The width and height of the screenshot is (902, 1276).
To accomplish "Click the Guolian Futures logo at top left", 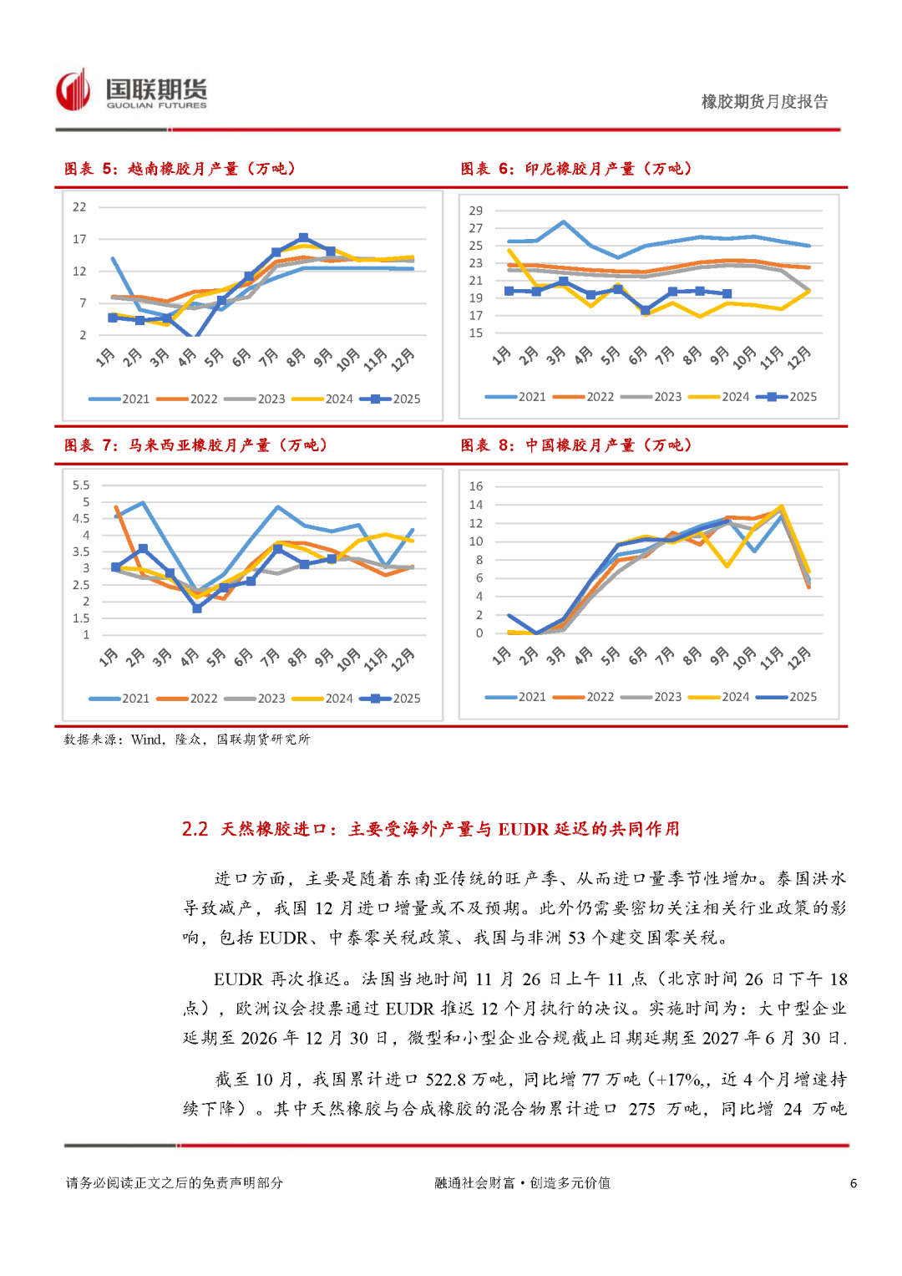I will tap(131, 90).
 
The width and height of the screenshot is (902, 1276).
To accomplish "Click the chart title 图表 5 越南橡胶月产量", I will tap(180, 169).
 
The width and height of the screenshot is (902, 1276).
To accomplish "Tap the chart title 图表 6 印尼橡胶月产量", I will tap(576, 169).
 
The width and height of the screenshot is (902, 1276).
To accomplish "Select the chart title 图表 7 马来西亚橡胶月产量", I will tap(195, 445).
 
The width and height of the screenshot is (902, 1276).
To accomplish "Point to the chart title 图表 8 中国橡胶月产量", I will tap(576, 445).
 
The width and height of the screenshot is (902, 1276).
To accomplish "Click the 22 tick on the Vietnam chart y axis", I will tap(79, 207).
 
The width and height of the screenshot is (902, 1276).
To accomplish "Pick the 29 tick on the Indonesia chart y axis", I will tap(475, 211).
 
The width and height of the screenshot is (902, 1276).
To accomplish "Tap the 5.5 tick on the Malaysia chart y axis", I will tap(81, 485).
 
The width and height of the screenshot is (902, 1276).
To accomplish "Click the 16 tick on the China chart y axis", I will tap(475, 486).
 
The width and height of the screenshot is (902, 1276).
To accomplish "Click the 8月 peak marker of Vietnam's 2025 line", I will tap(303, 238).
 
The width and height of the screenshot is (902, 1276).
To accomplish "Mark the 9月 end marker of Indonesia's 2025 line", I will tap(727, 294).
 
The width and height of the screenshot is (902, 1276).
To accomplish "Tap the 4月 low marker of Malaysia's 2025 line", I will tap(197, 608).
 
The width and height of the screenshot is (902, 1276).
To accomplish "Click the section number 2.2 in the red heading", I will tap(195, 829).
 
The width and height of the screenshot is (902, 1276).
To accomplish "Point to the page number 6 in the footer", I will tap(853, 1183).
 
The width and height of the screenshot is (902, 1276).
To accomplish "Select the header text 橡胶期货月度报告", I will tap(764, 102).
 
